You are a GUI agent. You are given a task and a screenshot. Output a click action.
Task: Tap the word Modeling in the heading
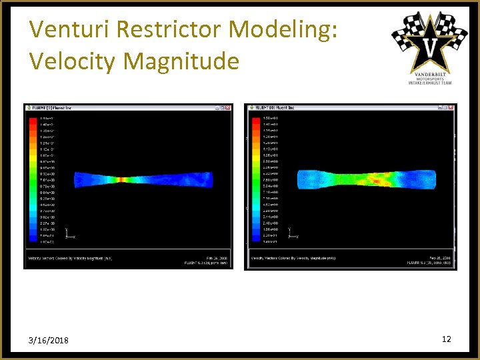pyautogui.click(x=285, y=29)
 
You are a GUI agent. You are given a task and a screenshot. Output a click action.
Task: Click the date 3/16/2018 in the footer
pyautogui.click(x=49, y=341)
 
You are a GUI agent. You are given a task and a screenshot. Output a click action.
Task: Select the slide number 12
pyautogui.click(x=446, y=339)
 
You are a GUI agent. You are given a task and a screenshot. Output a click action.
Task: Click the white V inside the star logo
pyautogui.click(x=430, y=46)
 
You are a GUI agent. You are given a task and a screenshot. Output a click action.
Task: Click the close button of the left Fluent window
pyautogui.click(x=227, y=107)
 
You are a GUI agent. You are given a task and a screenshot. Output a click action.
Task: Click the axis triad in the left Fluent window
pyautogui.click(x=68, y=233)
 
